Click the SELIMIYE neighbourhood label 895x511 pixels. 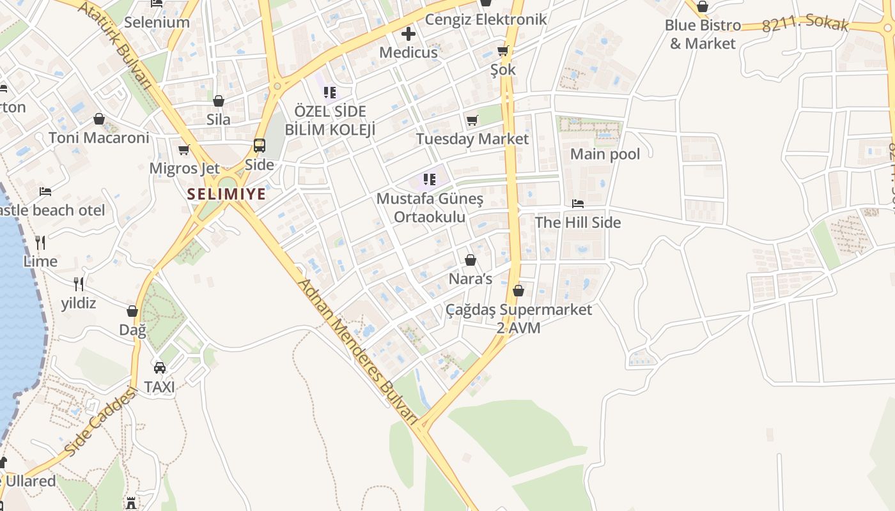[x=226, y=194]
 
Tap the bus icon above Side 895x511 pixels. [x=260, y=146]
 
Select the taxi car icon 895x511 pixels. [x=160, y=368]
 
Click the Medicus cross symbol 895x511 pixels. [x=409, y=34]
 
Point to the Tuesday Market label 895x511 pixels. [x=472, y=139]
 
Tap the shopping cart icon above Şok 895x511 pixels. [x=503, y=51]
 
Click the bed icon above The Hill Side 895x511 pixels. [x=578, y=204]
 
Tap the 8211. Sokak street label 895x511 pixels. [x=805, y=24]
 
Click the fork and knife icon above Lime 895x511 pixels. [x=40, y=243]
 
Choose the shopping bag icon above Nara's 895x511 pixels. [x=471, y=260]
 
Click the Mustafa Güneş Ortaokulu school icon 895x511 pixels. [x=430, y=179]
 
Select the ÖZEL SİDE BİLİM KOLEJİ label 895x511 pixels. [x=330, y=120]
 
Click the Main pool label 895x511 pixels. [x=605, y=154]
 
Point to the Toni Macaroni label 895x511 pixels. [x=99, y=137]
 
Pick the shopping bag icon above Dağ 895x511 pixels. [x=132, y=311]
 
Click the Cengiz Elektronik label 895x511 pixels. [x=486, y=19]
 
